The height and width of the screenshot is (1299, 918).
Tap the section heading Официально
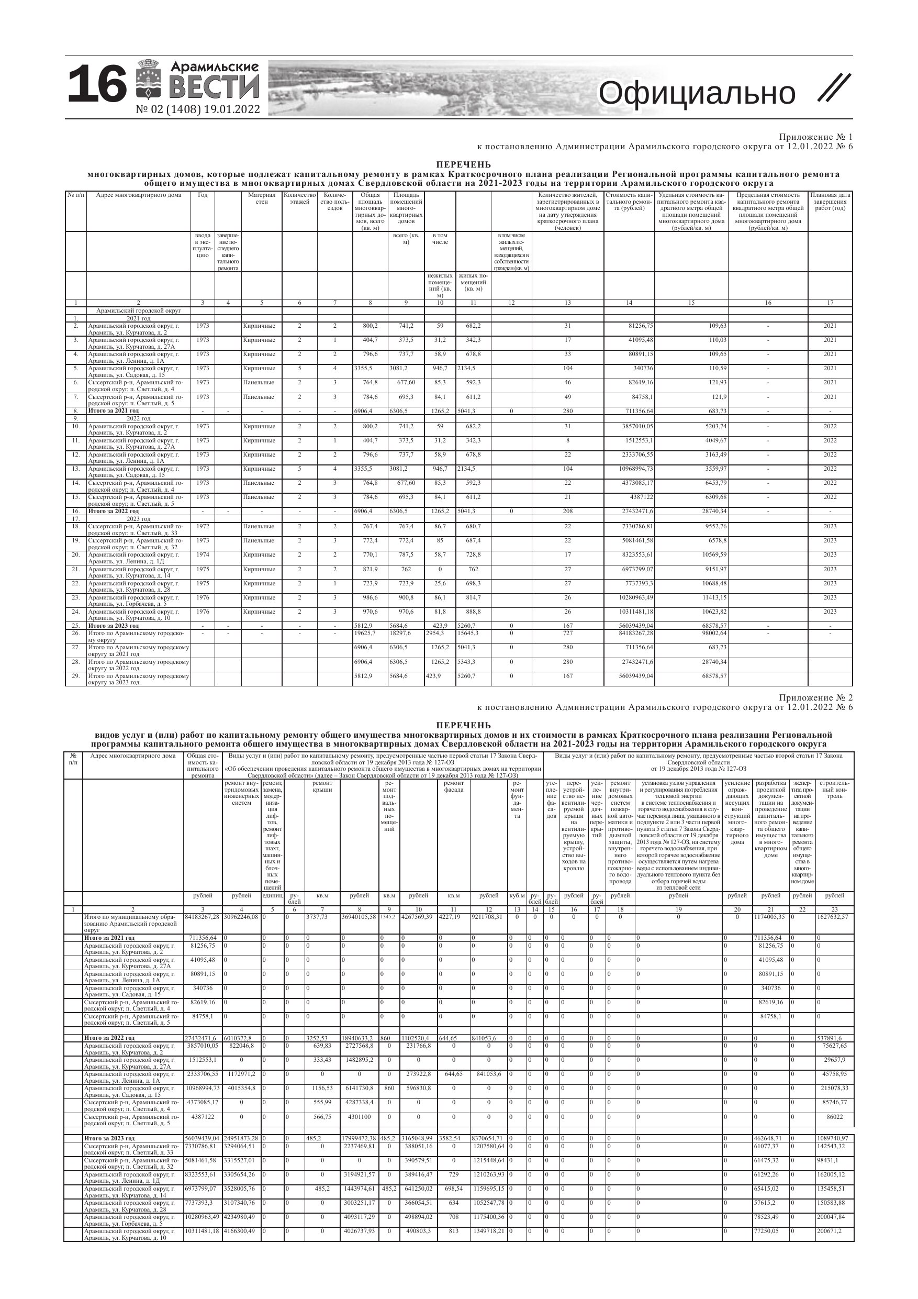coord(696,93)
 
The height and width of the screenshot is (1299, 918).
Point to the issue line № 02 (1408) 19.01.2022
coord(198,110)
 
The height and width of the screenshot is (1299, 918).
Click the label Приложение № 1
coord(815,137)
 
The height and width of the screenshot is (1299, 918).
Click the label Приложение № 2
coord(815,697)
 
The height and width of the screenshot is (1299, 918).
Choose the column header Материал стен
coord(261,198)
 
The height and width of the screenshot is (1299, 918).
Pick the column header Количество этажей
coord(299,198)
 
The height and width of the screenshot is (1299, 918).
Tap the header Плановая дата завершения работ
coord(830,202)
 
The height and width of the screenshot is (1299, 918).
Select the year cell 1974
coord(203,555)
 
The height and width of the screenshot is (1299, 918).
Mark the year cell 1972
coord(203,527)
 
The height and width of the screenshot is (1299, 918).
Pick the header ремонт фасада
coord(454,786)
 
